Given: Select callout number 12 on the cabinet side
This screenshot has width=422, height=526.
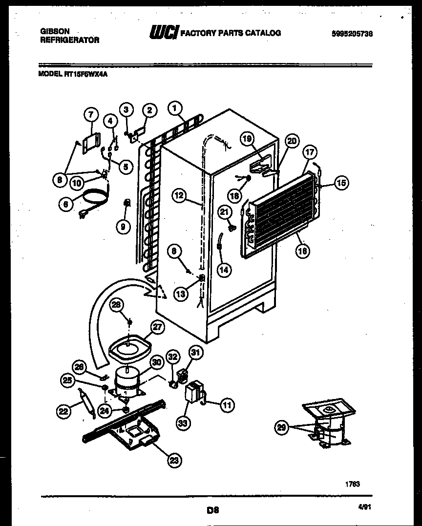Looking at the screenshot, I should [x=180, y=195].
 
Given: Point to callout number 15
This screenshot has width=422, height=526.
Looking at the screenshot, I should [x=341, y=184].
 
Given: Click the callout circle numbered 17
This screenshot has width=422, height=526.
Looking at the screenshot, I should [x=309, y=152].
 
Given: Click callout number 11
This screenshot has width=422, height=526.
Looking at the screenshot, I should [x=228, y=404].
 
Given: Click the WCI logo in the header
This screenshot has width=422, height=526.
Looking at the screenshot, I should [x=164, y=33].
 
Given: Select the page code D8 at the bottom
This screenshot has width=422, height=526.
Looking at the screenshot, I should [x=211, y=511].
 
